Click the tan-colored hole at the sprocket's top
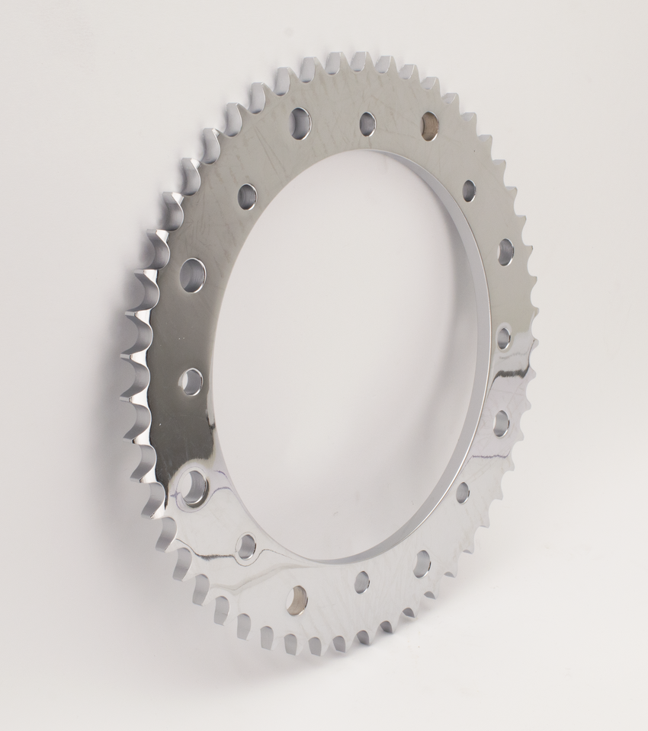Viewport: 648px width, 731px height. (x=429, y=121)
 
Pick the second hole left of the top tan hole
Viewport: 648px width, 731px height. (x=300, y=122)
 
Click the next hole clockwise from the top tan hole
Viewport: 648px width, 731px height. (x=469, y=190)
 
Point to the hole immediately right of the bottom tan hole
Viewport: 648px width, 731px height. (x=361, y=582)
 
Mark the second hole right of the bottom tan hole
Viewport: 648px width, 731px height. (x=422, y=562)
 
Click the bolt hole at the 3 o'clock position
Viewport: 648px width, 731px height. (x=504, y=337)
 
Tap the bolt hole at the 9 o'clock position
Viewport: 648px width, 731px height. (x=191, y=381)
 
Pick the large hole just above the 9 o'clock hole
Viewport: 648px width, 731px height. (x=193, y=274)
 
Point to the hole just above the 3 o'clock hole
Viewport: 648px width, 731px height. (x=505, y=251)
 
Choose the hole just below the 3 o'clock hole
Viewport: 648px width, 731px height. (x=501, y=423)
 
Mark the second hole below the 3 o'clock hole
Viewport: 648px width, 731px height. (x=463, y=493)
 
